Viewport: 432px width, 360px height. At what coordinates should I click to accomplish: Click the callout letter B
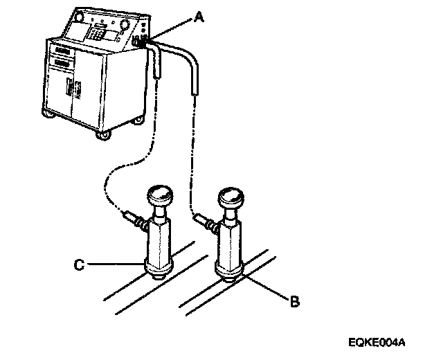[294, 302]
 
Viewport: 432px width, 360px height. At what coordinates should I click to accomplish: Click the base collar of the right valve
[228, 269]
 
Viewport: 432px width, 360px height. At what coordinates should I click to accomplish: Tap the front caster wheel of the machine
[104, 136]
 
